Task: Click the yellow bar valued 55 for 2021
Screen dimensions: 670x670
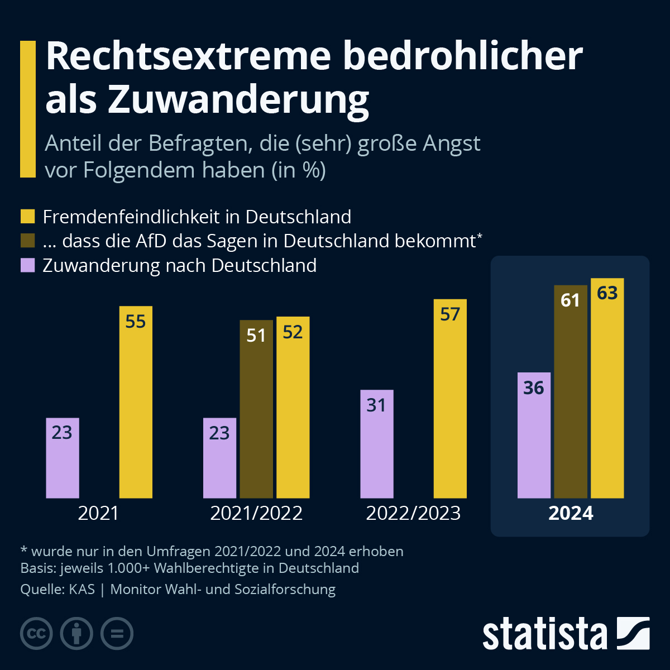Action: point(136,402)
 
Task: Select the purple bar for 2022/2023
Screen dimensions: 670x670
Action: point(377,444)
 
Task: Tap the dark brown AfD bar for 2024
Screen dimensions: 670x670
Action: point(571,391)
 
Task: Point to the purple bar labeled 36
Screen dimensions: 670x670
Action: point(534,435)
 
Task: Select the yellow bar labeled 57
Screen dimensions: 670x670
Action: point(450,399)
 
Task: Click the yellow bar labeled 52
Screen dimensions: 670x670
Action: point(293,408)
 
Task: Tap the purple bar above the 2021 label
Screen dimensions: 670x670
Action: point(63,458)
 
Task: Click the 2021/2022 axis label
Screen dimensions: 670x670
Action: point(256,513)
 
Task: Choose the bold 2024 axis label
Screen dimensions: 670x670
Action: point(571,513)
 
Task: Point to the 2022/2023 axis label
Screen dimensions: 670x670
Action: point(413,513)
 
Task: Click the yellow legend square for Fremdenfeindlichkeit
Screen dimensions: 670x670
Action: point(28,217)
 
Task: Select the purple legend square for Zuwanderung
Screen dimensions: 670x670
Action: point(28,265)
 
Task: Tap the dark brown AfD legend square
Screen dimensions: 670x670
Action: point(28,241)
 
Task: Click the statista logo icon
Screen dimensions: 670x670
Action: point(633,633)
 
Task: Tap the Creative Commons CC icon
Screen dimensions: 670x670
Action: point(37,634)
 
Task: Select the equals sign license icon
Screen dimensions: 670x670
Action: point(117,634)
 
